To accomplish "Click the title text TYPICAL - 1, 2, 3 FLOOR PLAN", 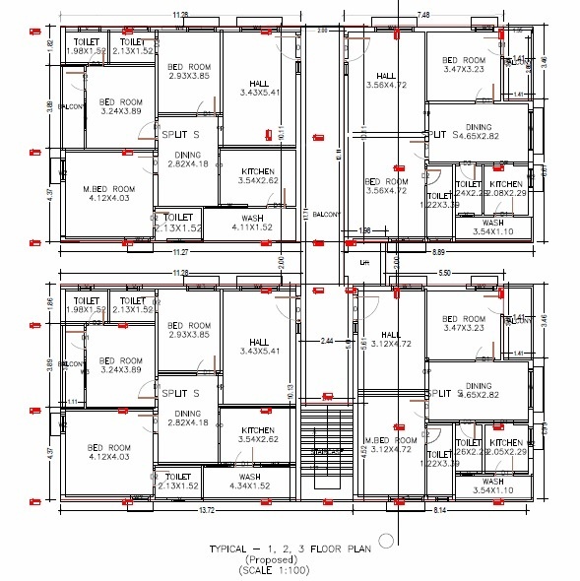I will click(291, 549).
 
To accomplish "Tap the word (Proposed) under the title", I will click(291, 559).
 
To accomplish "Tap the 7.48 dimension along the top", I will click(423, 15).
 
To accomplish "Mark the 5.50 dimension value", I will click(444, 272).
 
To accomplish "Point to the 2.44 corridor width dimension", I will click(327, 341).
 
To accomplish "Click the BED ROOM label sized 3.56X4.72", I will click(386, 186).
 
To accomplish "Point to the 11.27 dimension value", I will click(179, 253).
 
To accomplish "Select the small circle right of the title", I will click(386, 539).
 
